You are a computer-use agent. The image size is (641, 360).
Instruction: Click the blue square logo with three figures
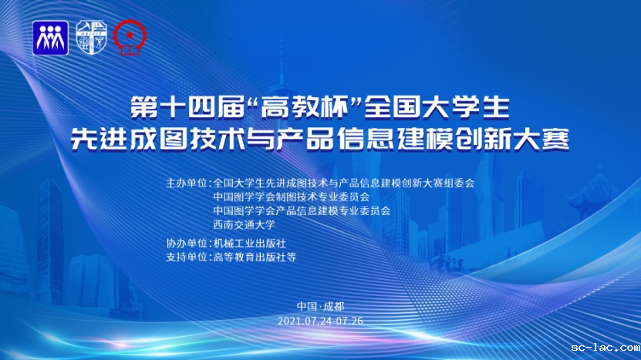(50, 38)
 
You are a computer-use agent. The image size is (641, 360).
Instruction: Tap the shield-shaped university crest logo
(92, 38)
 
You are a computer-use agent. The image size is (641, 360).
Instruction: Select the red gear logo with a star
(130, 37)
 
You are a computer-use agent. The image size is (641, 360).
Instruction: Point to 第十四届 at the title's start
(187, 107)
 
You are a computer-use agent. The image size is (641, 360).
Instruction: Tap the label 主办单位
(187, 183)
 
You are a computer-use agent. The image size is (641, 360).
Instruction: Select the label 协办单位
(187, 244)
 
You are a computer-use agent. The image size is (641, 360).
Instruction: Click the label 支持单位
(187, 257)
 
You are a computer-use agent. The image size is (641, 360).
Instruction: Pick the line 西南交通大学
(244, 224)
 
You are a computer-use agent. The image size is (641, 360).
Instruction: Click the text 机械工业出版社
(249, 244)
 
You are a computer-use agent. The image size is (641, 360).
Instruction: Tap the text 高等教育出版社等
(255, 257)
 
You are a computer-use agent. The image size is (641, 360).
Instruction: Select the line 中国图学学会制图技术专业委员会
(292, 197)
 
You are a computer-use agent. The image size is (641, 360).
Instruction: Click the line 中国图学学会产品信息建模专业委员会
(302, 211)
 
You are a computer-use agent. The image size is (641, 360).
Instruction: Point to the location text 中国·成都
(321, 307)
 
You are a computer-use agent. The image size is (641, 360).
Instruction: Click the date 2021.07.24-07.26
(321, 321)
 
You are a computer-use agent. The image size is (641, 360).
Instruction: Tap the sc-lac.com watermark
(606, 348)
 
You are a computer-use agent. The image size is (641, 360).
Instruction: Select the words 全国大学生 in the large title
(437, 107)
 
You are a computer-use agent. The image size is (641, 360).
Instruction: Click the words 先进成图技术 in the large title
(158, 140)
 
